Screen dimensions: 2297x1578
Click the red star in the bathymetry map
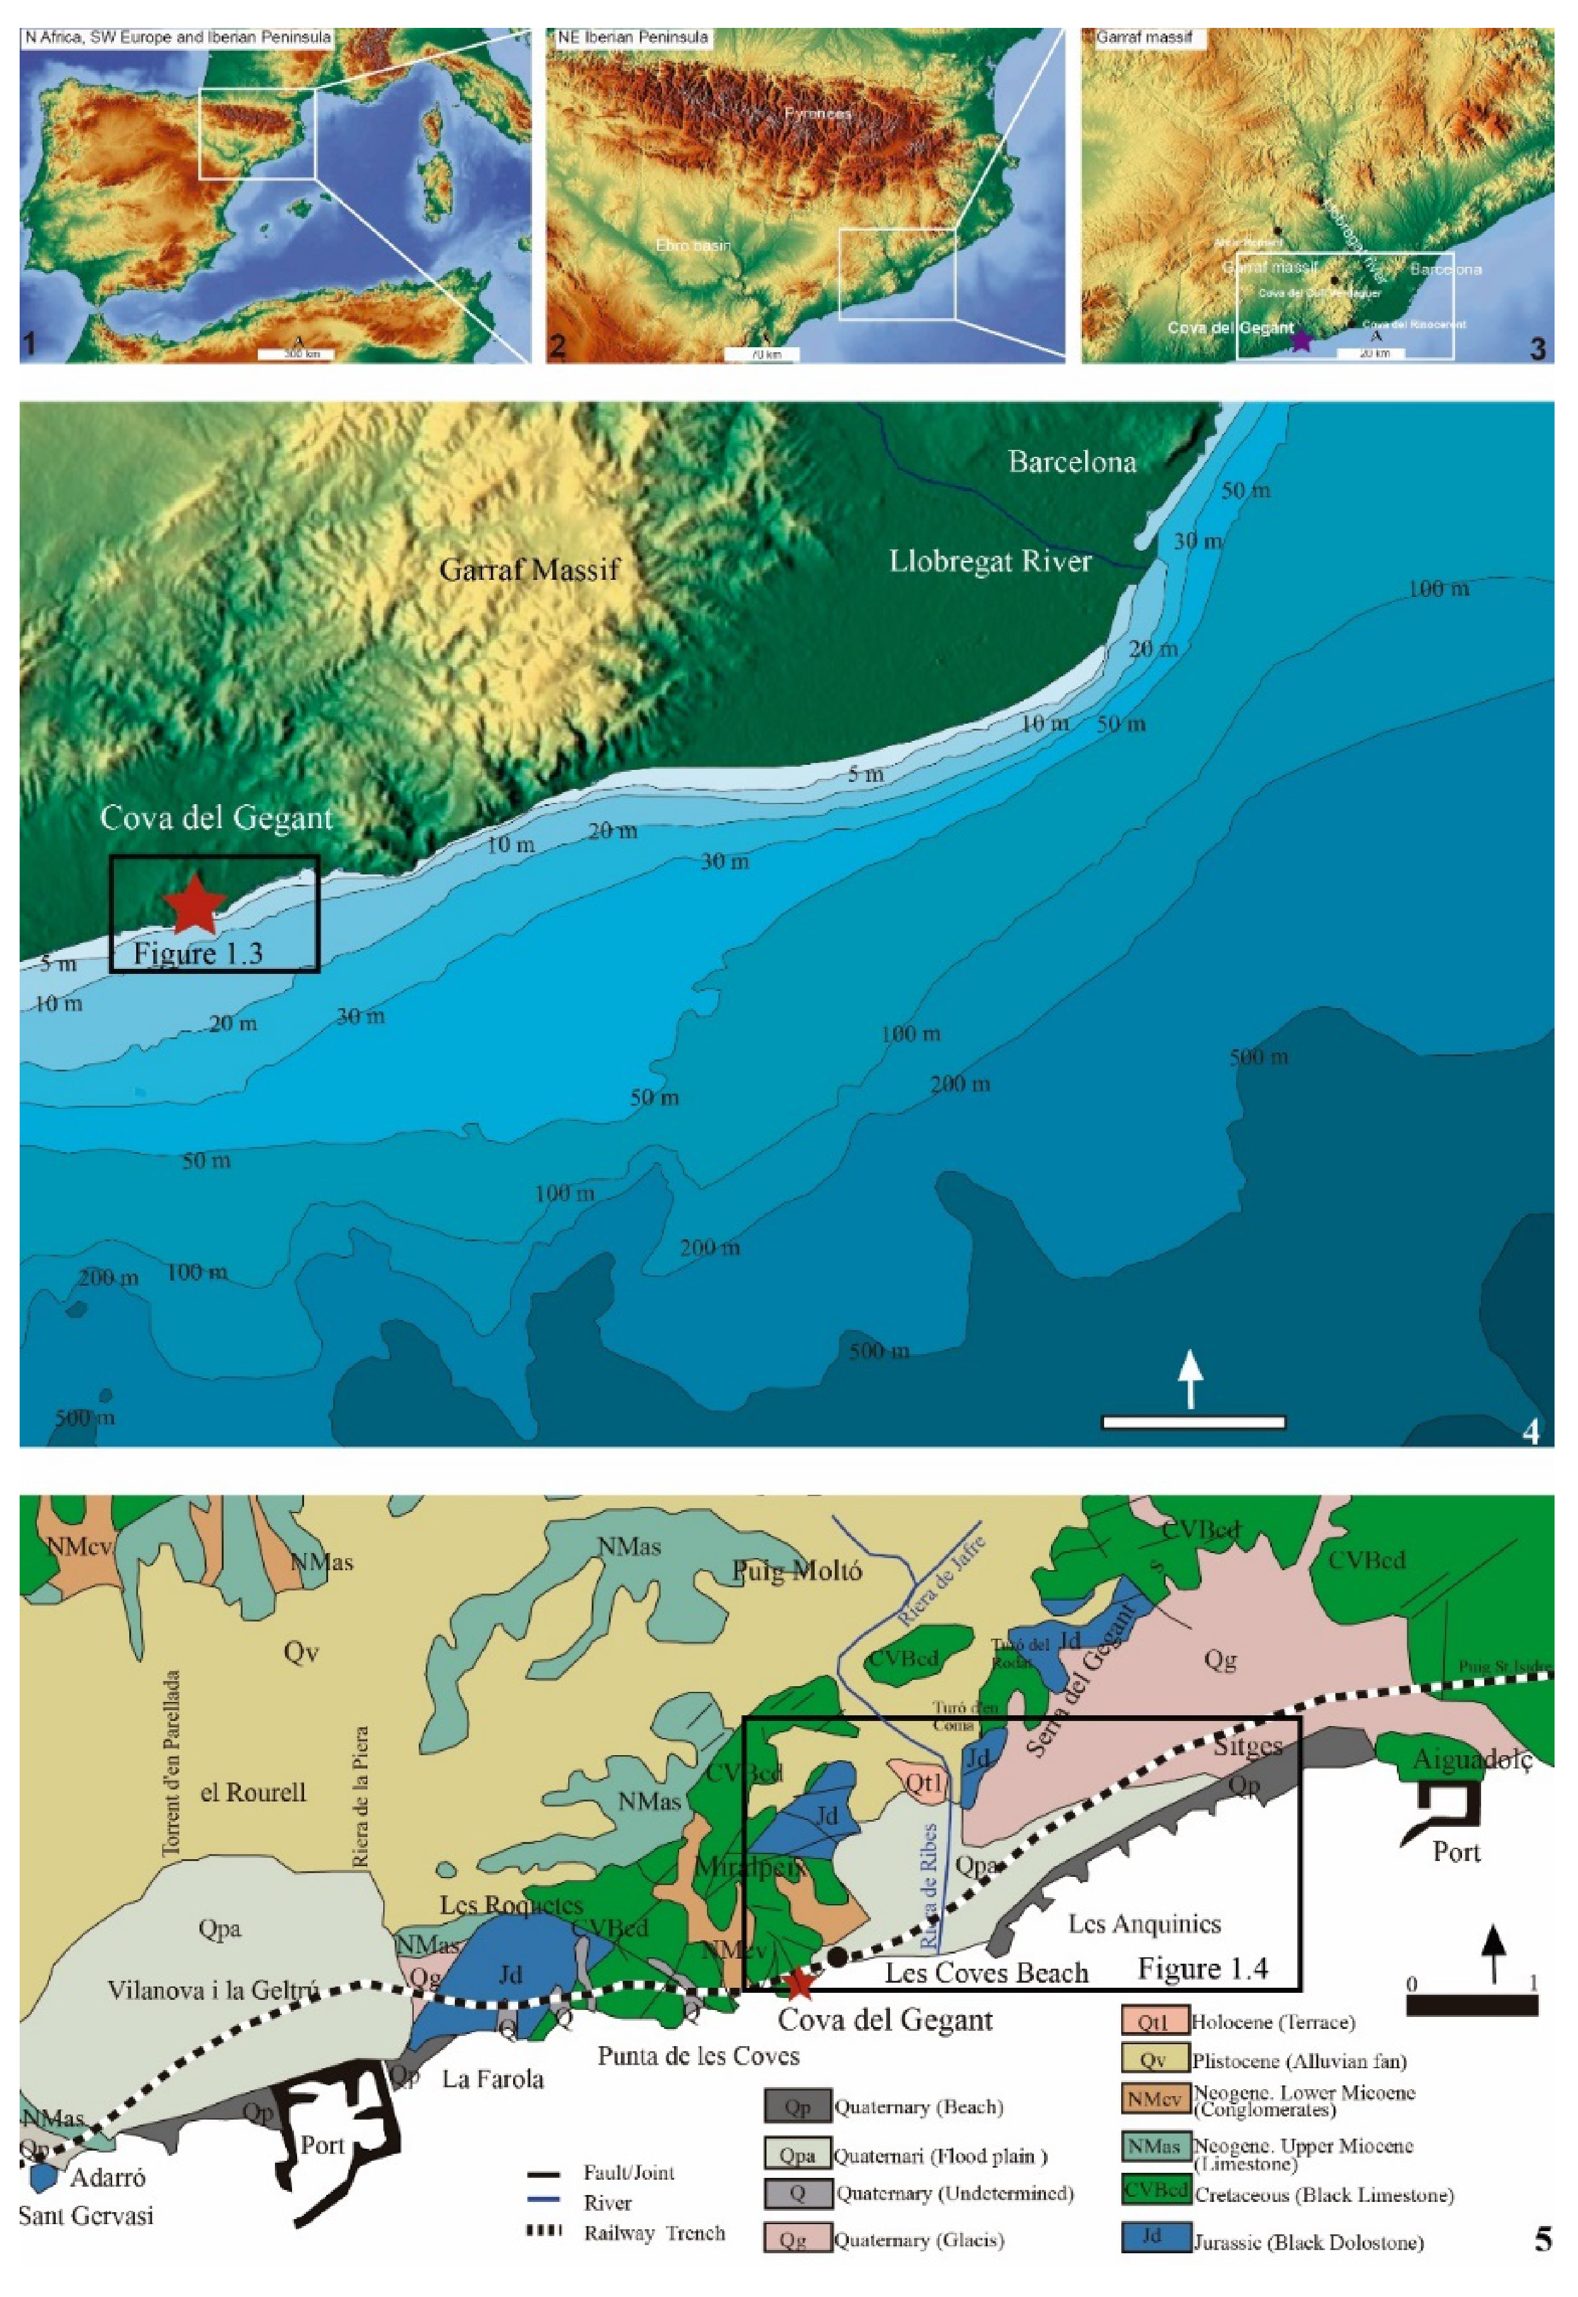click(x=194, y=903)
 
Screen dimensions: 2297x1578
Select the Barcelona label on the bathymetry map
click(x=1072, y=462)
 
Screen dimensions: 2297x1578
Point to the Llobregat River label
click(x=989, y=561)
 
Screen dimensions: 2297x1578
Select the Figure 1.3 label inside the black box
click(x=198, y=953)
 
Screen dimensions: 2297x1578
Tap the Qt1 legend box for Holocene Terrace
click(x=1153, y=2022)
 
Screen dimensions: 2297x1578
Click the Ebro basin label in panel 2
click(x=693, y=245)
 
